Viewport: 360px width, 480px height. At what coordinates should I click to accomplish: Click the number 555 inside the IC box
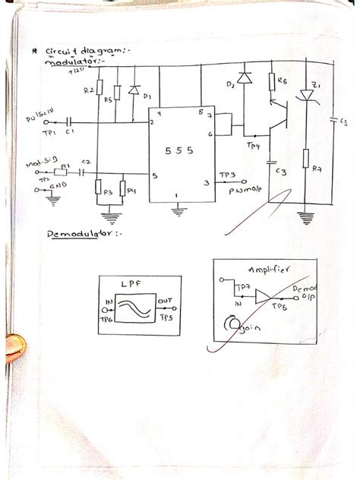point(176,151)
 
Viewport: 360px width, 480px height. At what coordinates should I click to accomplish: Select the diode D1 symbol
point(135,90)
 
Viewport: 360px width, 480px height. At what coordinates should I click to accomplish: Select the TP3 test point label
point(228,175)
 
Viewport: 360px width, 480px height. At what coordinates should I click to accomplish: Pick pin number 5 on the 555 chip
point(154,178)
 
